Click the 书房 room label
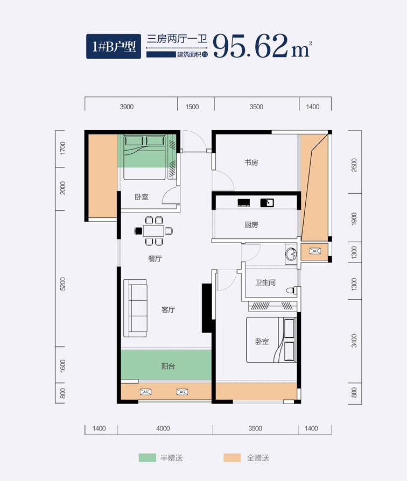pos(251,162)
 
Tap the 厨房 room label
pos(251,224)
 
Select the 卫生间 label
pos(265,282)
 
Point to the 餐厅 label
pos(155,259)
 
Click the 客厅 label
pos(168,309)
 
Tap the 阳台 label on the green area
pos(168,366)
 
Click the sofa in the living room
pos(135,308)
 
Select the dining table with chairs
pos(153,231)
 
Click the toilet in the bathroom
pos(292,290)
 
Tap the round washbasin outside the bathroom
pos(291,254)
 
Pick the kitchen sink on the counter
pos(267,202)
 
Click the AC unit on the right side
pos(315,251)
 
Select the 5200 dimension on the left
pos(62,284)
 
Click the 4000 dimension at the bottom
pos(163,428)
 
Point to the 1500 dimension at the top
pos(192,107)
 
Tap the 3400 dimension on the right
pos(354,341)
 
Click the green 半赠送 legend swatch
pos(148,458)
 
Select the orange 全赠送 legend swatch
pos(232,458)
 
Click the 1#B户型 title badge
pos(114,46)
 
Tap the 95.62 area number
pos(250,46)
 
